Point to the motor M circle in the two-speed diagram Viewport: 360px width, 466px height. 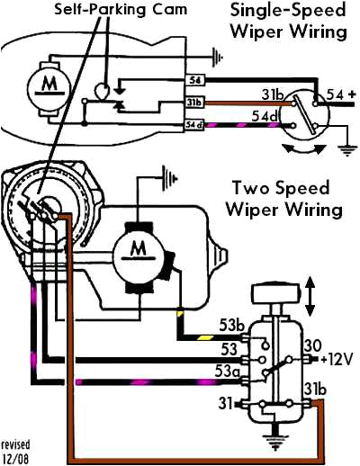pos(138,247)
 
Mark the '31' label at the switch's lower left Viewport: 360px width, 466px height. pos(228,402)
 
